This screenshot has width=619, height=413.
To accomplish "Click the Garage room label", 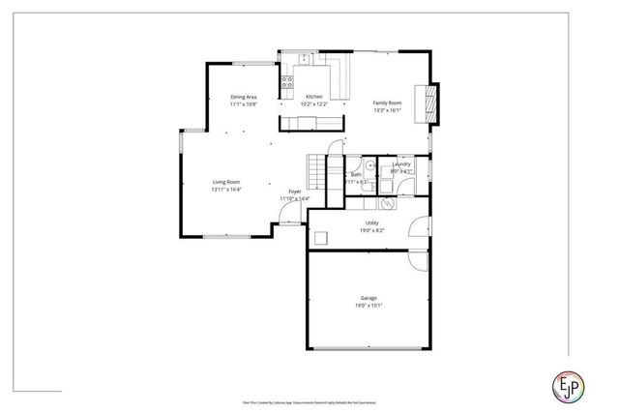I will click(x=368, y=299).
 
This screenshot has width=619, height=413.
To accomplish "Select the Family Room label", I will click(x=388, y=103).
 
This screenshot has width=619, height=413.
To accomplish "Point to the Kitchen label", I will click(x=314, y=97).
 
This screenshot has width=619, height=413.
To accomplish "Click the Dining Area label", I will click(x=243, y=97).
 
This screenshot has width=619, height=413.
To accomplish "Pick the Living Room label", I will click(x=226, y=182).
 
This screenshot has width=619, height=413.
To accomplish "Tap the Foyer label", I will click(x=294, y=192).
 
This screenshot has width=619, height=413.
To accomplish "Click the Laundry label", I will click(x=401, y=164).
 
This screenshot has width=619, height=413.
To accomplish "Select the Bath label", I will click(x=356, y=174).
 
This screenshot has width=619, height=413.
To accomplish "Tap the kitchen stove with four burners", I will click(x=287, y=83).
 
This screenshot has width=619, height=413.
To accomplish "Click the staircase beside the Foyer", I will click(x=316, y=171).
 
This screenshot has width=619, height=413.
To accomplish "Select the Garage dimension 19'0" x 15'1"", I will click(x=368, y=307).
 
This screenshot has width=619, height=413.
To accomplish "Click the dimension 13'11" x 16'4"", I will click(x=226, y=190).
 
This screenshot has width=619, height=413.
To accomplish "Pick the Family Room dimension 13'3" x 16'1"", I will click(x=388, y=111).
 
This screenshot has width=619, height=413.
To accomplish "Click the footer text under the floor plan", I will click(x=309, y=401).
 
